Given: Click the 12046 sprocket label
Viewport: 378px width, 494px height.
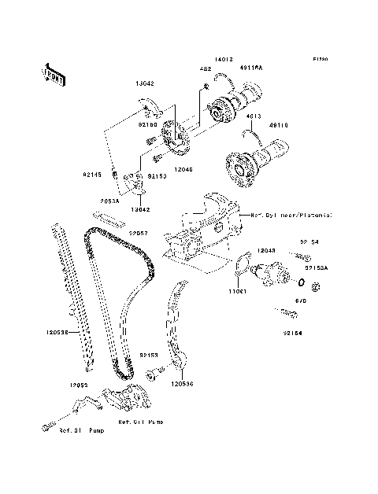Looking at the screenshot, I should point(183,169).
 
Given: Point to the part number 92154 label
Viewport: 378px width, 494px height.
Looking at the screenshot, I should point(293,333).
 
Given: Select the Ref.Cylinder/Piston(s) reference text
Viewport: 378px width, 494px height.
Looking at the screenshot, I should point(291,215).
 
